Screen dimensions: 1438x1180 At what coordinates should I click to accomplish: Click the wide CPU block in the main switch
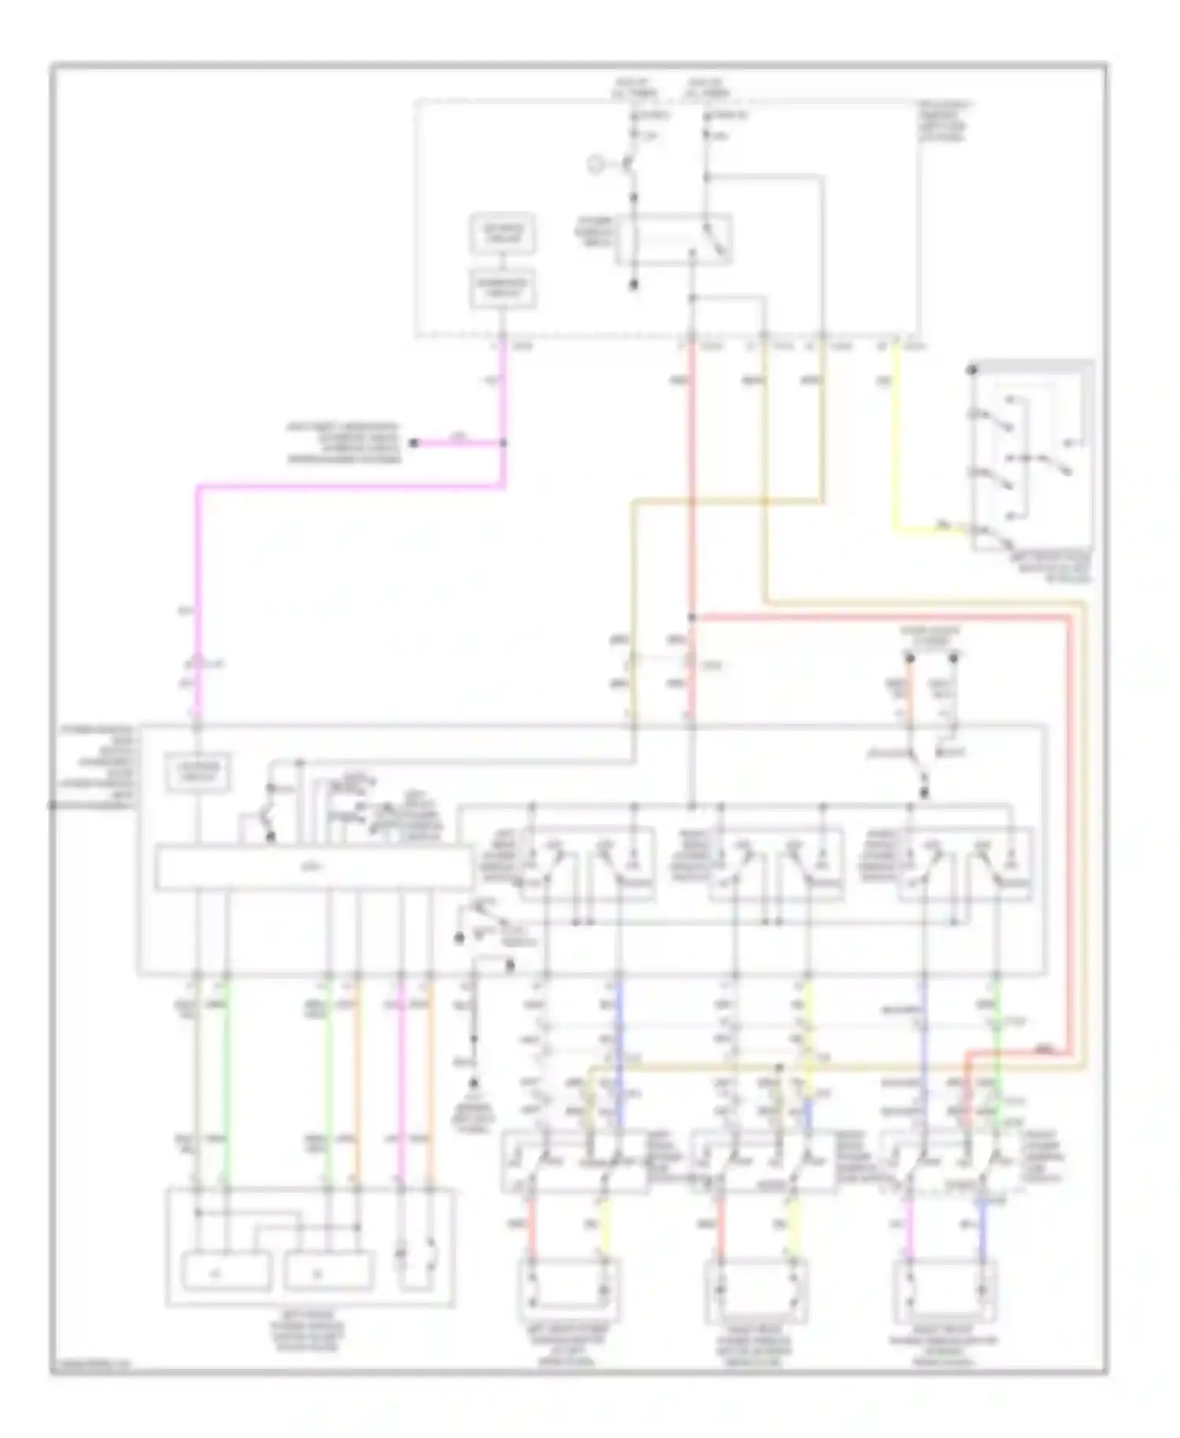[314, 868]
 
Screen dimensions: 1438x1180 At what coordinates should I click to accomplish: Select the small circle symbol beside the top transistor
[596, 164]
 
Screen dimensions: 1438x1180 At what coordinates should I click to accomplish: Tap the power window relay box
[674, 239]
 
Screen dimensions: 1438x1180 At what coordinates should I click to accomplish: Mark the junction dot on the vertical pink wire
[503, 443]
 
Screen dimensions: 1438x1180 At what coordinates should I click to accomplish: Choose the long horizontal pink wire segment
[350, 487]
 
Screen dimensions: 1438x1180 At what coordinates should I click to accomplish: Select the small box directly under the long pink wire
[197, 772]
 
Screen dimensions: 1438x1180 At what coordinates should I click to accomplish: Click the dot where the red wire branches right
[692, 618]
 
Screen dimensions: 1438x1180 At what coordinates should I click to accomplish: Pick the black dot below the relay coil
[635, 285]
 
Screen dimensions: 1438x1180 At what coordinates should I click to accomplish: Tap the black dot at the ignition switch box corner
[973, 368]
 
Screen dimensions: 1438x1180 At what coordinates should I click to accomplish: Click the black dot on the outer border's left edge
[52, 805]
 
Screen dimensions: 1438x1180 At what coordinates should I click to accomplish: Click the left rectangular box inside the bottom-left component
[227, 1270]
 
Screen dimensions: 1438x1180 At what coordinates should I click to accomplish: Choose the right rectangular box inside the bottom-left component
[328, 1270]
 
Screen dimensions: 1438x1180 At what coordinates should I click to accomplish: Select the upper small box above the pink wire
[502, 233]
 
